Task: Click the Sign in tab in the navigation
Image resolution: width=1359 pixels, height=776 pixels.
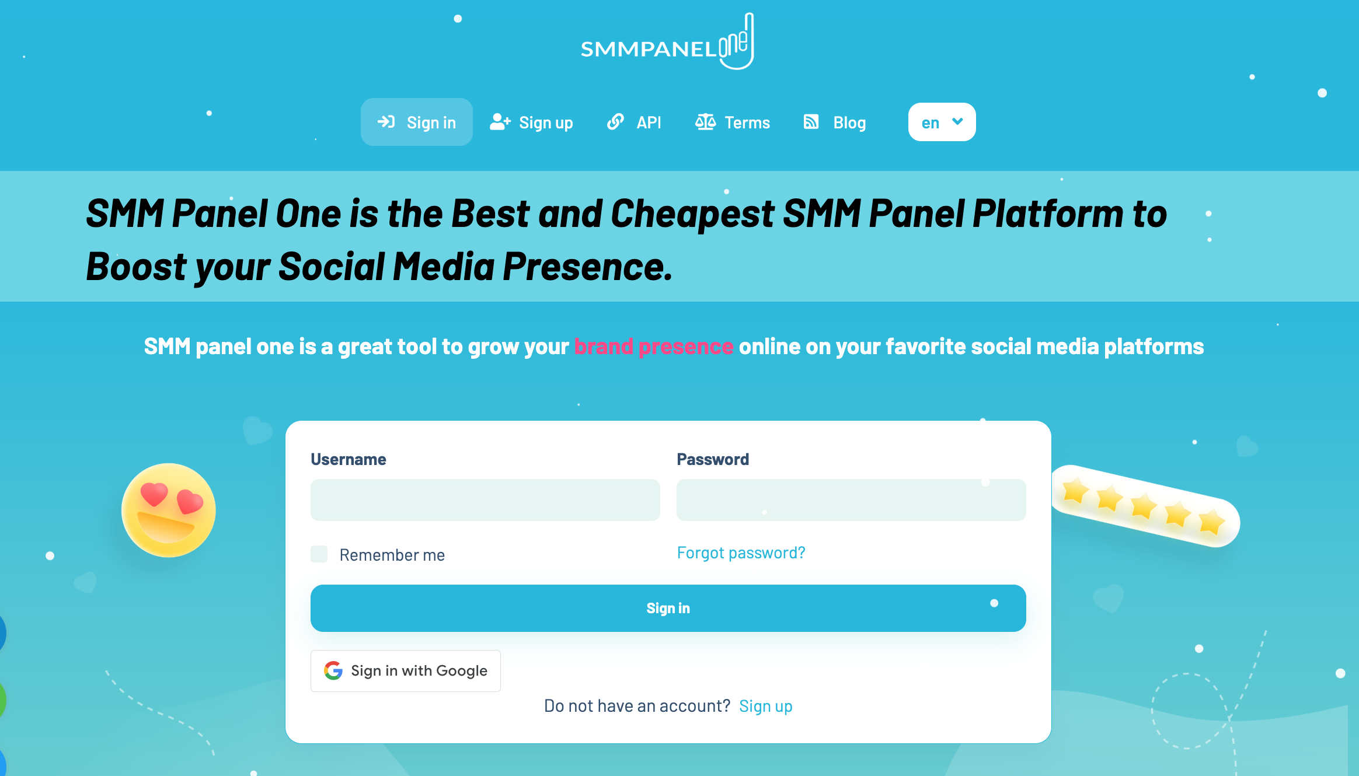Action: point(417,122)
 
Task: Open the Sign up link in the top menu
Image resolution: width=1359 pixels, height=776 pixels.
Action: point(531,122)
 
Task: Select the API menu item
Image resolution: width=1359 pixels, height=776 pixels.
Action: point(634,122)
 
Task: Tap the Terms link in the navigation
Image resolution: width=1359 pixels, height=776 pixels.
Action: point(733,122)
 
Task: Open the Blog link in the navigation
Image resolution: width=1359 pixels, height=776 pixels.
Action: point(835,122)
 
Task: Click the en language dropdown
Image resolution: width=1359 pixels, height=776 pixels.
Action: point(942,122)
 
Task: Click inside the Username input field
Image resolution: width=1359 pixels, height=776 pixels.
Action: point(485,500)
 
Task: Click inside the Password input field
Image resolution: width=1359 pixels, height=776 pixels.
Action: point(851,500)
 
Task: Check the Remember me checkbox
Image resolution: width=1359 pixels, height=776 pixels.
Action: point(319,554)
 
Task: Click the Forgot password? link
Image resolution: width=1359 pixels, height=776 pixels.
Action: point(741,553)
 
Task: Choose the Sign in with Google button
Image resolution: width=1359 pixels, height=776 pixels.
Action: point(406,671)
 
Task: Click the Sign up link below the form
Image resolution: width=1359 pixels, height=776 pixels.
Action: point(766,706)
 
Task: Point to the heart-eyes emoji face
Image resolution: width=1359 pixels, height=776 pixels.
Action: point(169,511)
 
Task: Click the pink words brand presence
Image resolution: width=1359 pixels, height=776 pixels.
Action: point(654,347)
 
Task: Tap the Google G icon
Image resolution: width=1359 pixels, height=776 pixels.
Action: point(333,671)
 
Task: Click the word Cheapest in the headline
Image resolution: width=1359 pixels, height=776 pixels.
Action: point(692,214)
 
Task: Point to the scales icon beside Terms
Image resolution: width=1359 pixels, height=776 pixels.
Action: point(705,122)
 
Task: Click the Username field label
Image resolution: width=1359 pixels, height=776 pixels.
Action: point(349,460)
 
